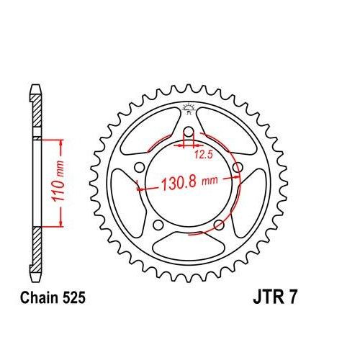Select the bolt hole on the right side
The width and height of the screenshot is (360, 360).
coord(237,169)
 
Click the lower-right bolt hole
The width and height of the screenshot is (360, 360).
coord(218,226)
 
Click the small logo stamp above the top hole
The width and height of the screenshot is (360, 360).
coord(188,109)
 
